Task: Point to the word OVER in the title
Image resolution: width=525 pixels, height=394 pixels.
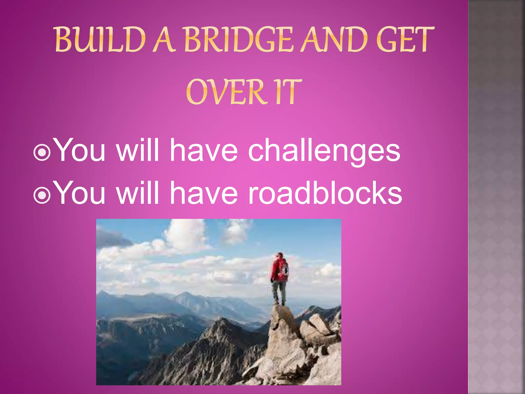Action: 226,92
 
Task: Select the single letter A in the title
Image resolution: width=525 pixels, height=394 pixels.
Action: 164,40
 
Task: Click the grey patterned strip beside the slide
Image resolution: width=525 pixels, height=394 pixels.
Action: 496,197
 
